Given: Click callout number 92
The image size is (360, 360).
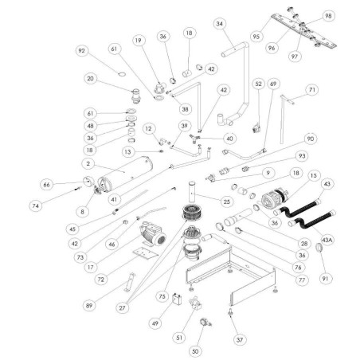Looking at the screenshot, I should click(81, 52).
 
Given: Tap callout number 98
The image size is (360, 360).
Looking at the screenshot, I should click(328, 16).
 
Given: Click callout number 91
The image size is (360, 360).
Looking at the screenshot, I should click(327, 279).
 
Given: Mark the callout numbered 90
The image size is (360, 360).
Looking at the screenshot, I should click(311, 139).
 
